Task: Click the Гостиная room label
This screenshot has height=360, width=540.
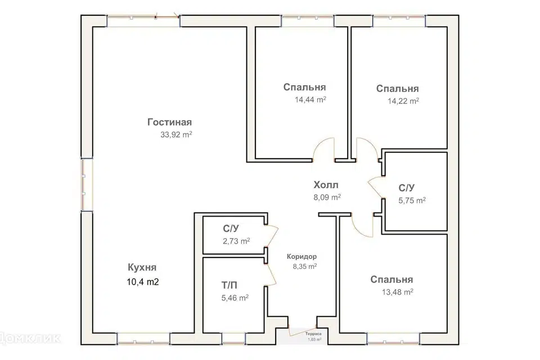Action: point(169,122)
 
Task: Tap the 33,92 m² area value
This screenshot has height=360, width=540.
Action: point(176,134)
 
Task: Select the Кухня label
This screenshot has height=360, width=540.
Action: point(142,267)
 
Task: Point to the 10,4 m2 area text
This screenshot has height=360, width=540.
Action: point(143,282)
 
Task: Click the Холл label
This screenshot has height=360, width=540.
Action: point(326,185)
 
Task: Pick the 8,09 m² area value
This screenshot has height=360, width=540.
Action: point(327,197)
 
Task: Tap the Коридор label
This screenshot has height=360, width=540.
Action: point(301,256)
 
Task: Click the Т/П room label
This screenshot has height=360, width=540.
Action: point(229,285)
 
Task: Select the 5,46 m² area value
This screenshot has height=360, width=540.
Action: point(235,298)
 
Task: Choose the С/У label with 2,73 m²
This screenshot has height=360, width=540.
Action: point(231,229)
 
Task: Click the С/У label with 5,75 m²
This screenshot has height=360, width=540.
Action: point(407,188)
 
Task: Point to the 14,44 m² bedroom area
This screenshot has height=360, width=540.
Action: point(310,100)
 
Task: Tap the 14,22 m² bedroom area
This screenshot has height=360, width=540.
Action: point(403,101)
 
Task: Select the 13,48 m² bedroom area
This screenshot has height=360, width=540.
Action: point(398,292)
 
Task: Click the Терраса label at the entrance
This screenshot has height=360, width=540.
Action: point(313,334)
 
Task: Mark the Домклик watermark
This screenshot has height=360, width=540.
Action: point(30,339)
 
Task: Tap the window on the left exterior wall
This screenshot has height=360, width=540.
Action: point(87,184)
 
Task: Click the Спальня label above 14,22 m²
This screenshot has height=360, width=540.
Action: point(398,88)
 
